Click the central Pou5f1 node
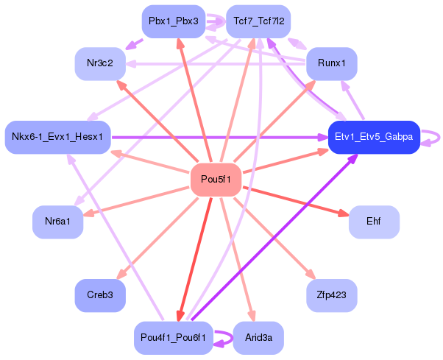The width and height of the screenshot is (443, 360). coord(216,180)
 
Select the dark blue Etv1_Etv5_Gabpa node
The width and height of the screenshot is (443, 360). coord(374,138)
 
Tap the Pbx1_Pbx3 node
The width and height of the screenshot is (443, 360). coord(174,21)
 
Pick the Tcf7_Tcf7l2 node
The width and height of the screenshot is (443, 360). coord(258,21)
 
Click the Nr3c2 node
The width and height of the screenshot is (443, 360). coord(100,63)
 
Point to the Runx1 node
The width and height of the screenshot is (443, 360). coord(332,63)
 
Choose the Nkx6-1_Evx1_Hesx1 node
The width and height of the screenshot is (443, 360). coord(57,138)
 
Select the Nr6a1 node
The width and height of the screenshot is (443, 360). coord(57,222)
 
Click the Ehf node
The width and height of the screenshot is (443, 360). coord(374,222)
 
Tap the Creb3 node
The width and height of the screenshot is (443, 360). coord(100,295)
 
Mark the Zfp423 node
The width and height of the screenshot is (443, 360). coord(332,295)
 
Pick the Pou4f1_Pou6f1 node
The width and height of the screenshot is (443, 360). coord(174,338)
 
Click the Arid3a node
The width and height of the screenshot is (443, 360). coord(258,338)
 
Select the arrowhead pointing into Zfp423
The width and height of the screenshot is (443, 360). coord(311,274)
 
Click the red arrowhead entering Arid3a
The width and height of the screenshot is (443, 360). coord(252,316)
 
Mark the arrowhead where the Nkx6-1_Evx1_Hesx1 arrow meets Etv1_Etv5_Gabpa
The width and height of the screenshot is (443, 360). coord(322,138)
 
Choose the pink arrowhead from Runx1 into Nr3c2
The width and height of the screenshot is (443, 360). coord(131,64)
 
